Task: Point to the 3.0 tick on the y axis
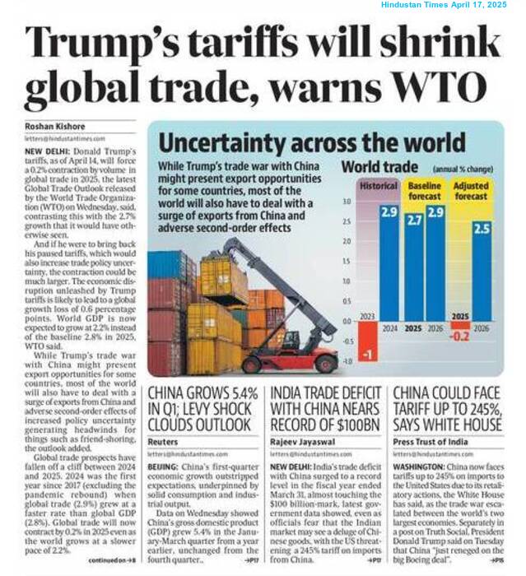[x=346, y=201]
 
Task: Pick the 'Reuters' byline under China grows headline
[x=163, y=442]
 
